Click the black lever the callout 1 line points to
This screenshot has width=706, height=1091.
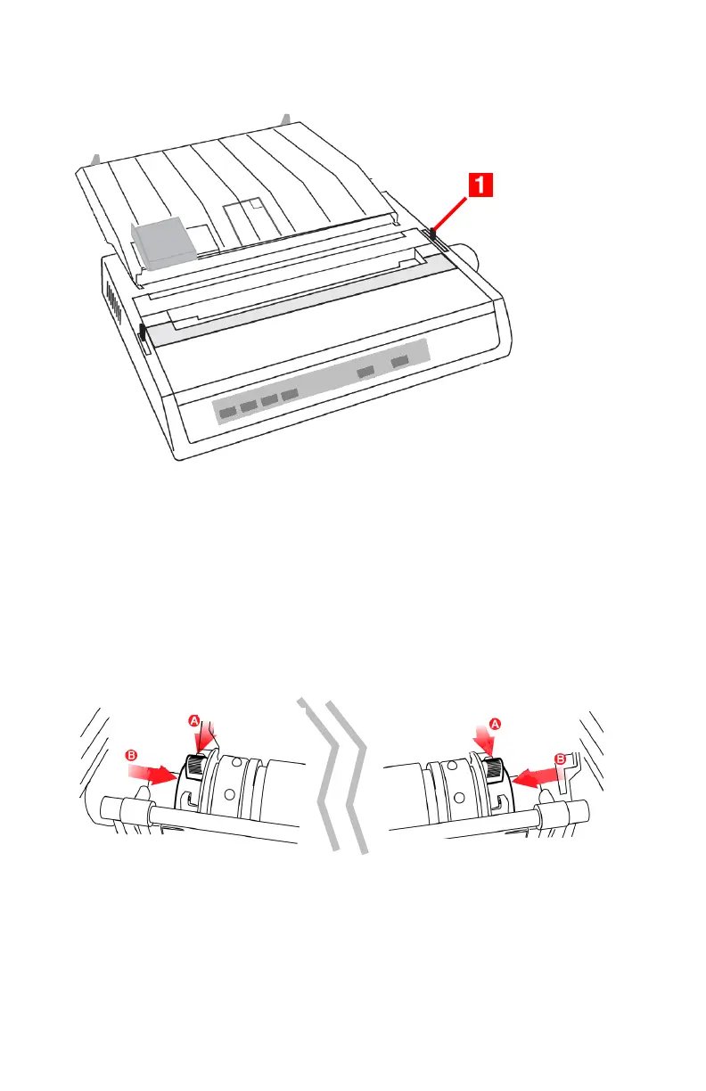click(x=433, y=235)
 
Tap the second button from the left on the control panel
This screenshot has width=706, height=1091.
click(x=249, y=405)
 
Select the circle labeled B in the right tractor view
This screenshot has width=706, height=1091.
click(x=561, y=759)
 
